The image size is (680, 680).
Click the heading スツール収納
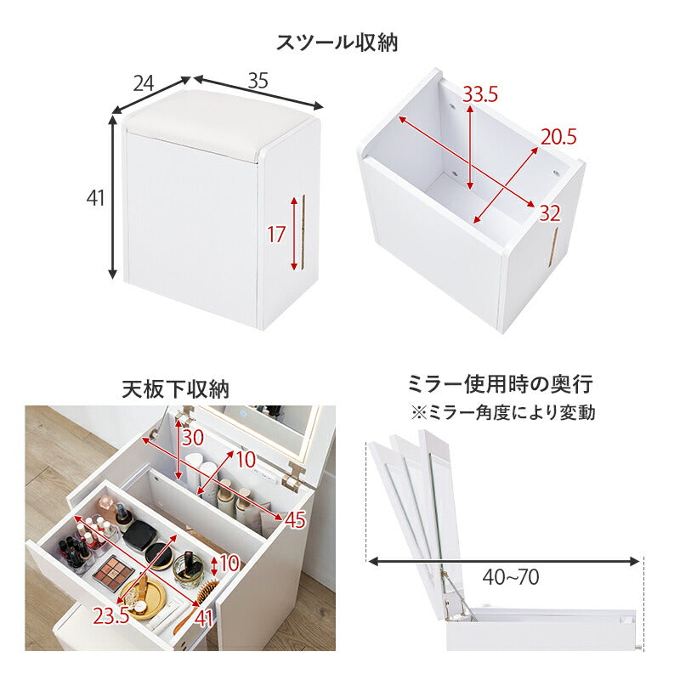pos(337,42)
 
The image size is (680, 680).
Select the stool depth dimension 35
pos(258,81)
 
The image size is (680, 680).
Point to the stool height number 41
pos(95,198)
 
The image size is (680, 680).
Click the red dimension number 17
pos(276,235)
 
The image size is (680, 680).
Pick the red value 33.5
pos(479,95)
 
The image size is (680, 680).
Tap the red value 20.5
pos(558,136)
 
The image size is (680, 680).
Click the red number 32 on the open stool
pos(550,213)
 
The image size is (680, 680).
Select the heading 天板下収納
pos(175,389)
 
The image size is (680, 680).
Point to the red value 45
pos(294,520)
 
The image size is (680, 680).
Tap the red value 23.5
pos(111,616)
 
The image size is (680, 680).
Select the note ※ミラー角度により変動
pos(503,413)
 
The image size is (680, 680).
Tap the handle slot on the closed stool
pos(298,235)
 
